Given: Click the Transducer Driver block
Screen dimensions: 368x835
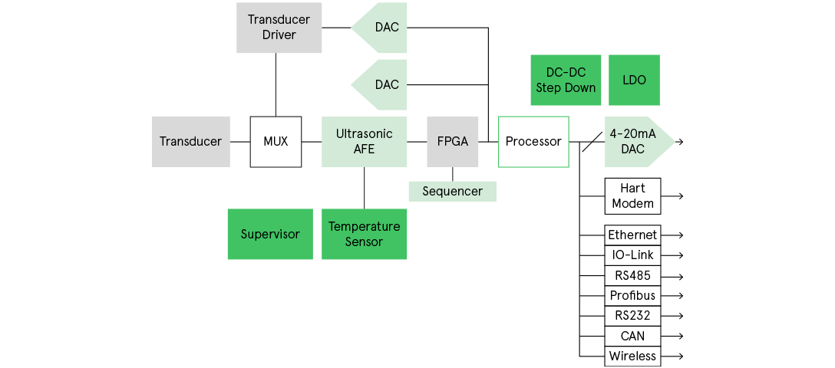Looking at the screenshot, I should tap(279, 28).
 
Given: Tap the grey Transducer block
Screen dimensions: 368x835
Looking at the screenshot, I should tap(190, 142).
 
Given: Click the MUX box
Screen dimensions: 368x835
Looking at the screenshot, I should tap(276, 142).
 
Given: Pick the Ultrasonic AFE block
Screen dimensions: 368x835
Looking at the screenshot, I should tap(364, 142).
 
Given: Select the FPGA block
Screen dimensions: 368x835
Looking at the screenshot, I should tap(452, 142).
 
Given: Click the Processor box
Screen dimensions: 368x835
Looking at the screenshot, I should tap(533, 142).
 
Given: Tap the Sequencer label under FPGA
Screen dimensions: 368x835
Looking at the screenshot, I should tap(452, 191).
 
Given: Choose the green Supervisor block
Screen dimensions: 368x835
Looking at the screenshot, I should tap(270, 234).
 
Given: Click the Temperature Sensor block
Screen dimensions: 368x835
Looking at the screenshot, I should tap(364, 234).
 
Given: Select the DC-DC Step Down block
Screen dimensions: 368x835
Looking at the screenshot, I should tap(565, 80).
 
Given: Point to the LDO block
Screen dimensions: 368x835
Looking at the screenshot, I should tap(634, 80).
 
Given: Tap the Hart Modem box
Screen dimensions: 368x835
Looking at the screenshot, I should tap(632, 195).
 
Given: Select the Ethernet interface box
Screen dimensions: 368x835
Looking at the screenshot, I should tap(632, 235).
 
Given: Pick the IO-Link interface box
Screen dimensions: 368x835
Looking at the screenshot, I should tap(632, 255).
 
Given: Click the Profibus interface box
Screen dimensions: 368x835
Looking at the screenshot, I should tap(632, 295).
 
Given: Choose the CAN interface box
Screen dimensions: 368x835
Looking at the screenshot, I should tap(632, 336).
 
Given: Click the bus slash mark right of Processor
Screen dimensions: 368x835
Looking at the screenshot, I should tap(589, 142).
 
